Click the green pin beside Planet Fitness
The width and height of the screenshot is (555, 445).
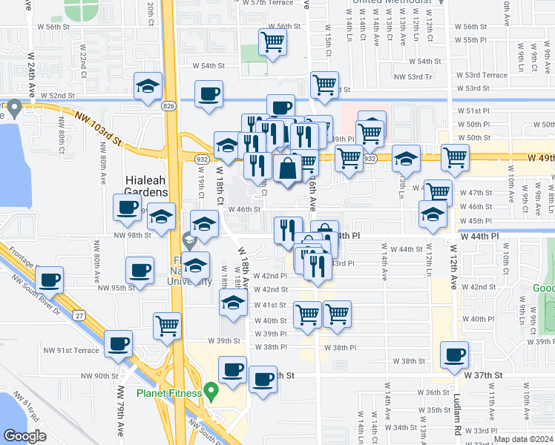(x=211, y=389)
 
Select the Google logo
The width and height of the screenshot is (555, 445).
(x=24, y=435)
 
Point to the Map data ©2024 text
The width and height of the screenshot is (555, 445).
(x=522, y=439)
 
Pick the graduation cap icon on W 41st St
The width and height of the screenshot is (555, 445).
(x=233, y=302)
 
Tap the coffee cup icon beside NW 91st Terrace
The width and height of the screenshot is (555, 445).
(x=119, y=343)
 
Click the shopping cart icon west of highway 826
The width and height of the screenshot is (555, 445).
(x=168, y=325)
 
